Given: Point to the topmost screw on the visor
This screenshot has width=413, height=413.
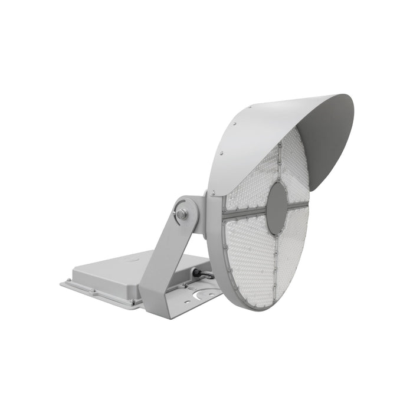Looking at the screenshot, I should (x=250, y=107).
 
